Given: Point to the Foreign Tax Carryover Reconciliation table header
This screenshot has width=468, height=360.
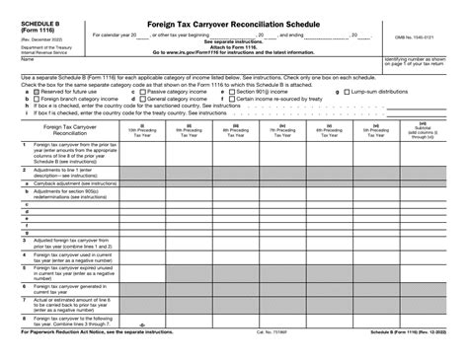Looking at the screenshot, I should [x=63, y=130].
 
